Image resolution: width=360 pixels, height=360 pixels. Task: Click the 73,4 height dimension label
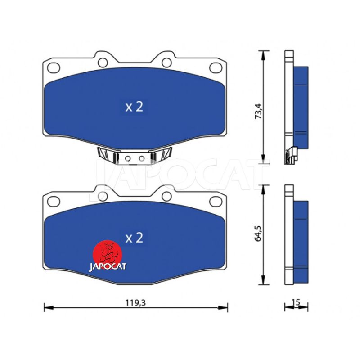click(x=258, y=111)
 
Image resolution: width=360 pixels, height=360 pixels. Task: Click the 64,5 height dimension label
click(x=258, y=233)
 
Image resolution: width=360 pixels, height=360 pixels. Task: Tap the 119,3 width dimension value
click(x=135, y=303)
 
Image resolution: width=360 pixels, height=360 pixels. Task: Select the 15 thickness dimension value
click(x=296, y=302)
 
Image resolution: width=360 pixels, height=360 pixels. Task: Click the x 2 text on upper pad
click(x=134, y=107)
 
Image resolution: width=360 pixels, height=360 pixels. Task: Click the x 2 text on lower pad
click(x=134, y=238)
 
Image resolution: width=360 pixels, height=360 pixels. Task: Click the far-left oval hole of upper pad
click(x=54, y=68)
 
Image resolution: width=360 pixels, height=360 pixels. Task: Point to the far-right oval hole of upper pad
click(x=216, y=68)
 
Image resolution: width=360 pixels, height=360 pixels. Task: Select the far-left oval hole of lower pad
click(x=54, y=201)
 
